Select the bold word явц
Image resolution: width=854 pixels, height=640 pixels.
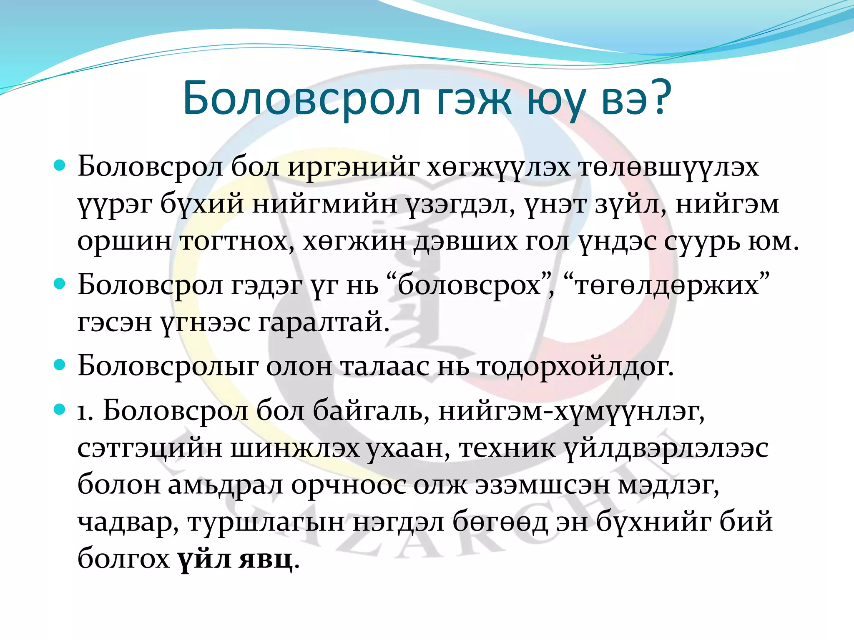tap(265, 559)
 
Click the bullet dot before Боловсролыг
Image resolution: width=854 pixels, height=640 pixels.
tap(60, 365)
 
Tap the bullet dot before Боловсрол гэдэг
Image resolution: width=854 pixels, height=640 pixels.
tap(60, 284)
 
